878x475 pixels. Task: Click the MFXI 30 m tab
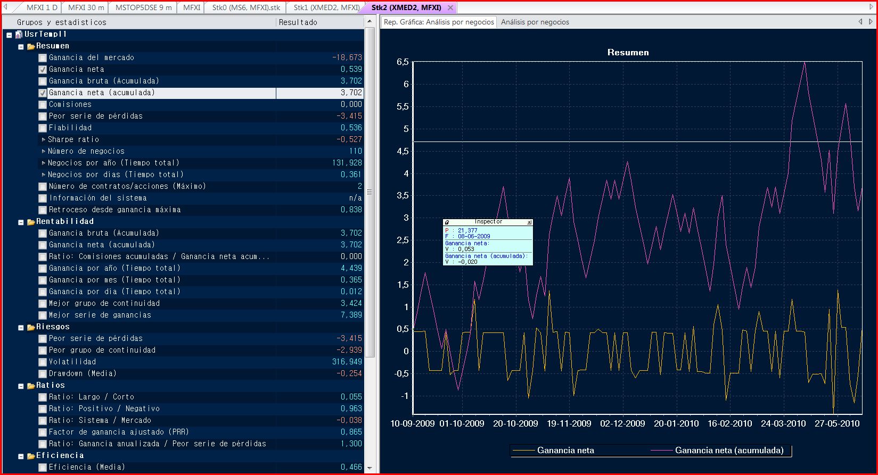click(x=86, y=7)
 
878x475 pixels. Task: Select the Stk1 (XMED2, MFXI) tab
click(x=326, y=7)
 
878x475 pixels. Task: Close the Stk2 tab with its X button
click(x=450, y=7)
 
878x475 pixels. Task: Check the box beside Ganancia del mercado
click(x=43, y=58)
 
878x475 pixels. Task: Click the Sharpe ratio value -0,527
click(x=349, y=139)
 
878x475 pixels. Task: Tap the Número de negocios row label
click(x=86, y=151)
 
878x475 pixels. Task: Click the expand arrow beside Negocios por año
click(x=44, y=163)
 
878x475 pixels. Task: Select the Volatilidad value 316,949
click(x=347, y=362)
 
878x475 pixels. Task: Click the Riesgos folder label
click(x=53, y=327)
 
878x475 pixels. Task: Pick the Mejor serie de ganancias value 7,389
click(x=351, y=315)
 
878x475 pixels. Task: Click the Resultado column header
click(x=298, y=22)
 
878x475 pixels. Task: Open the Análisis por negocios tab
click(x=535, y=22)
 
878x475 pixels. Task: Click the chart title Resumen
click(x=628, y=52)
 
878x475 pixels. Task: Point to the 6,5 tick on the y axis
click(x=403, y=62)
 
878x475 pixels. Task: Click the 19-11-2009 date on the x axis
click(x=569, y=423)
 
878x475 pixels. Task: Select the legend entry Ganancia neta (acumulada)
click(x=729, y=451)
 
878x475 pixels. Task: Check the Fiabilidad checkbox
click(x=43, y=128)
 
